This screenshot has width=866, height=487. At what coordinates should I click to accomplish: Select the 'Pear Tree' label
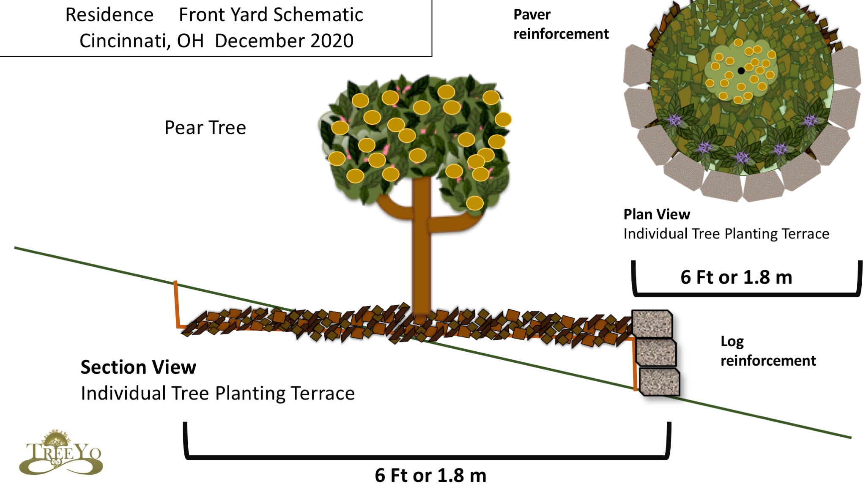[x=205, y=128]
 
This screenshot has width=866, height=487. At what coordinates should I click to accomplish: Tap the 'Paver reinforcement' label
[x=561, y=24]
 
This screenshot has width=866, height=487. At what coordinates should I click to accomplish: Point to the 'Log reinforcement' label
[x=767, y=351]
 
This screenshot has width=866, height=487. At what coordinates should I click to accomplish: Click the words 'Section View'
[x=138, y=367]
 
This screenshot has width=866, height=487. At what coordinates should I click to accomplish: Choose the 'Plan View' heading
[x=657, y=214]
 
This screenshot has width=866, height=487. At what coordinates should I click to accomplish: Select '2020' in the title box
[x=332, y=41]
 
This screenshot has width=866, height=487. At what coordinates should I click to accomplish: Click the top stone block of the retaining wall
[x=652, y=324]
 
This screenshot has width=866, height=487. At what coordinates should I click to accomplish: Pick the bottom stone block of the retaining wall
[x=659, y=382]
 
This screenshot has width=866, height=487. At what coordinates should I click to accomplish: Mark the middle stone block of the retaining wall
[x=656, y=353]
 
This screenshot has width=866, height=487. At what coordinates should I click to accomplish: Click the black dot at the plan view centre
[x=741, y=71]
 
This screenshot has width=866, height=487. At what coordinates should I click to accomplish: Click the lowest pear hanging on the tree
[x=474, y=203]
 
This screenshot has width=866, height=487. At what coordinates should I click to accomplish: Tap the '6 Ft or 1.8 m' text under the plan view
[x=736, y=277]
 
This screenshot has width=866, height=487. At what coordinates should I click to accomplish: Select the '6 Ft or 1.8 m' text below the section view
[x=430, y=476]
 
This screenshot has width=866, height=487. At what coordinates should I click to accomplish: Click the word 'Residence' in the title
[x=110, y=15]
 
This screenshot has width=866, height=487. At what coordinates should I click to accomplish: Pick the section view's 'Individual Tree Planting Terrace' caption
[x=218, y=394]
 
